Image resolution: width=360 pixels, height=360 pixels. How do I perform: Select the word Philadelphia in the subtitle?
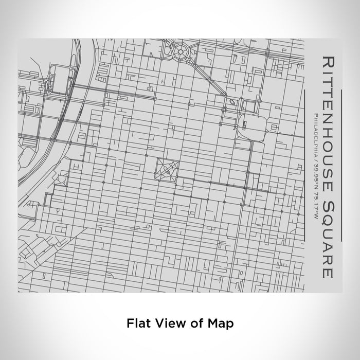click(x=313, y=134)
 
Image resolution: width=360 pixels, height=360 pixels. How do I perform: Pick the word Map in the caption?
click(x=222, y=323)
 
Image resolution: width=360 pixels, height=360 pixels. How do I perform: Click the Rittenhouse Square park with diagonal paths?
click(x=167, y=170)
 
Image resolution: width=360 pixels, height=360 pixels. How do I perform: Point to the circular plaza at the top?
click(x=182, y=51)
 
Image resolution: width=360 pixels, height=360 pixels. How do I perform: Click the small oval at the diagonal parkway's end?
click(x=233, y=102)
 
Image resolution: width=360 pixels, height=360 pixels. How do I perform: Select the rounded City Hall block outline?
click(x=252, y=125)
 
